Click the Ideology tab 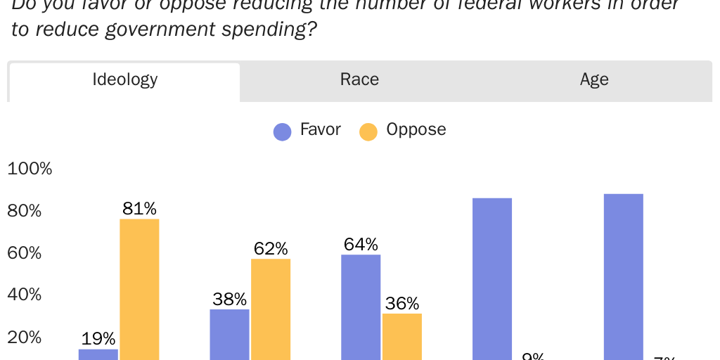coord(124,79)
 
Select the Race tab coord(359,79)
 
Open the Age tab coord(594,79)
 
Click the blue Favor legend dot coord(282,131)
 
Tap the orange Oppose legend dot coord(368,131)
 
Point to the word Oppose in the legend coord(416,129)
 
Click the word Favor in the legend coord(320,129)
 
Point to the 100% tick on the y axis coord(30,169)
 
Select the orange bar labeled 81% coord(139,288)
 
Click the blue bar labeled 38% coord(229,334)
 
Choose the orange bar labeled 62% coord(271,309)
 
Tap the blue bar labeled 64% coord(361,307)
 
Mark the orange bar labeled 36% coord(402,336)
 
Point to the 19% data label coord(98,338)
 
